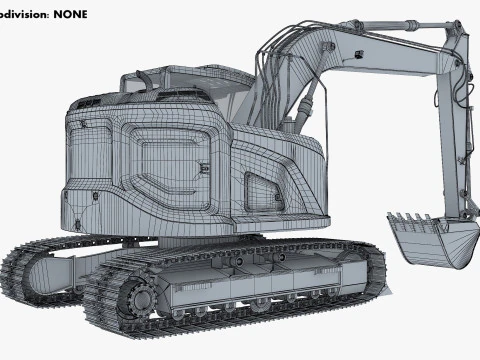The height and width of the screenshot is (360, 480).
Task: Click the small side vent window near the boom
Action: point(261,185)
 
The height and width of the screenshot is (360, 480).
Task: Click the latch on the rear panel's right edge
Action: point(204,170)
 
